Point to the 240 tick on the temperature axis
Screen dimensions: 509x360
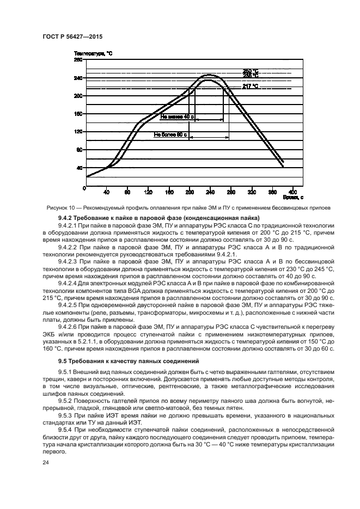[x=78, y=78]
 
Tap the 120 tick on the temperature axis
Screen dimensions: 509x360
[x=78, y=132]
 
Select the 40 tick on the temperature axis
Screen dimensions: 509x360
[x=80, y=167]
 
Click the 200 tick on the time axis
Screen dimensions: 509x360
[x=190, y=192]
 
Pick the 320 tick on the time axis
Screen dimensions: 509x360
[x=251, y=192]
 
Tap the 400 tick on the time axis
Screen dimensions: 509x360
[x=292, y=192]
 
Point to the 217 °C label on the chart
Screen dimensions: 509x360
[x=250, y=87]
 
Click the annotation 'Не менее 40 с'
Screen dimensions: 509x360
[x=177, y=116]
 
